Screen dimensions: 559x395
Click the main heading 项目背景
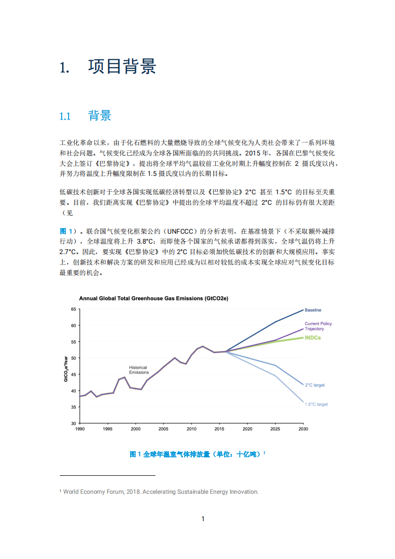pyautogui.click(x=122, y=66)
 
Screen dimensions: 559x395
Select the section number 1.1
pyautogui.click(x=66, y=117)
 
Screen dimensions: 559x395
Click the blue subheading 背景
pyautogui.click(x=100, y=116)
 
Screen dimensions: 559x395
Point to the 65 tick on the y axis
pyautogui.click(x=73, y=309)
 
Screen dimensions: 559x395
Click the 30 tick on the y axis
pyautogui.click(x=73, y=423)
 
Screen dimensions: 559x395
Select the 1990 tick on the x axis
pyautogui.click(x=80, y=429)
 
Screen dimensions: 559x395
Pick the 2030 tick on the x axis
pyautogui.click(x=303, y=429)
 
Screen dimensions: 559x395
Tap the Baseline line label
pyautogui.click(x=313, y=310)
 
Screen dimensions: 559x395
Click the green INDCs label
pyautogui.click(x=313, y=338)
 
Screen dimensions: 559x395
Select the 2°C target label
pyautogui.click(x=315, y=385)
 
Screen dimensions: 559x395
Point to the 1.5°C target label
pyautogui.click(x=316, y=404)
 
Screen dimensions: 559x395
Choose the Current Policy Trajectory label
pyautogui.click(x=318, y=326)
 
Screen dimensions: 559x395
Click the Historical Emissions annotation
pyautogui.click(x=139, y=370)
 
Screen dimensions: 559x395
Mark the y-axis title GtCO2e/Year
pyautogui.click(x=66, y=369)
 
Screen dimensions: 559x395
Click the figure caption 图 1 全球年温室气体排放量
pyautogui.click(x=197, y=454)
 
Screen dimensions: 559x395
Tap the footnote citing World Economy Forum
pyautogui.click(x=159, y=492)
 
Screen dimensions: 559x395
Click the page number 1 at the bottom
pyautogui.click(x=203, y=519)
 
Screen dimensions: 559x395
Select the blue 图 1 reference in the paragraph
pyautogui.click(x=67, y=231)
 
